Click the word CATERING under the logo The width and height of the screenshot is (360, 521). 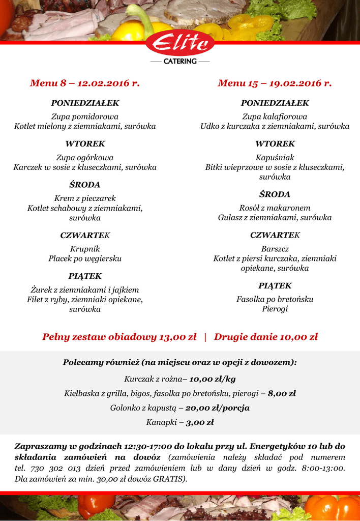(x=180, y=61)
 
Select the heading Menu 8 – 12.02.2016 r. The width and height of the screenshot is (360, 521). (x=84, y=83)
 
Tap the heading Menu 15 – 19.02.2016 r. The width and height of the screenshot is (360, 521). (x=275, y=83)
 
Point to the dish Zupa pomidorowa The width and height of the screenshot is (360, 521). (x=85, y=117)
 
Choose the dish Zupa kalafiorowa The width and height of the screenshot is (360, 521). (x=275, y=117)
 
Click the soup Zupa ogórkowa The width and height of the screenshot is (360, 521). (x=85, y=157)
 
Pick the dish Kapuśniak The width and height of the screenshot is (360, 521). (x=275, y=157)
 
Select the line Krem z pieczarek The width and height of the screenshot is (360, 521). (x=85, y=198)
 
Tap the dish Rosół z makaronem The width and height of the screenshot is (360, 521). (x=275, y=208)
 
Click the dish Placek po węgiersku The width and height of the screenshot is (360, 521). (x=85, y=258)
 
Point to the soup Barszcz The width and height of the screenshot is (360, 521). (x=275, y=249)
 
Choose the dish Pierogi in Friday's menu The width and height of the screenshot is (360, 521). (x=275, y=309)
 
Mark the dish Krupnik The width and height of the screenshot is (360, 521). (x=85, y=249)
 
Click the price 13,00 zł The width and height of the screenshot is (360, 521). (x=178, y=337)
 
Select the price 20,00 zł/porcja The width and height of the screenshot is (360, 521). (x=217, y=408)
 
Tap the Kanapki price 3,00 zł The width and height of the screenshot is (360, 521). (x=199, y=422)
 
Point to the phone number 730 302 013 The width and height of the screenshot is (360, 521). (x=51, y=469)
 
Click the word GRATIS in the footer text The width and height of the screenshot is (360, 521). (x=169, y=479)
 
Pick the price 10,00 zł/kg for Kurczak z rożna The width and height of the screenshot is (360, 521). (x=213, y=379)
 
